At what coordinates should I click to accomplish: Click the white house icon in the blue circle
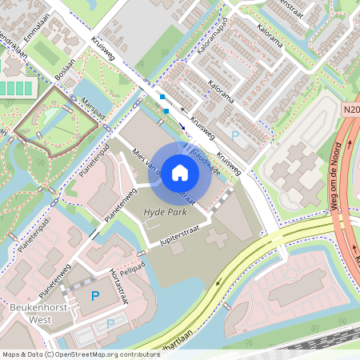pos(180,172)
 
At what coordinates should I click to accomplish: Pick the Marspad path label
pos(93,109)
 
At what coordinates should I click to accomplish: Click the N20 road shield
pos(351,110)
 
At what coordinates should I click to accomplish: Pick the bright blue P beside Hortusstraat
pos(95,297)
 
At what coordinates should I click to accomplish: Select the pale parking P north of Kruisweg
pos(234,136)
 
